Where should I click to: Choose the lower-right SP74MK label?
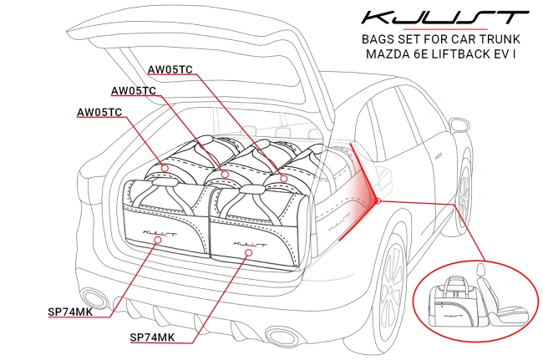pyautogui.click(x=152, y=337)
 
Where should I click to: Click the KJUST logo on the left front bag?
pyautogui.click(x=160, y=224)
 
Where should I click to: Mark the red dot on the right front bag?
pyautogui.click(x=246, y=251)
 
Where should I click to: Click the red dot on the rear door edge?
pyautogui.click(x=378, y=200)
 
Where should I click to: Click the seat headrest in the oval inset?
pyautogui.click(x=481, y=270)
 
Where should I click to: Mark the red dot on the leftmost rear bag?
pyautogui.click(x=165, y=168)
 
